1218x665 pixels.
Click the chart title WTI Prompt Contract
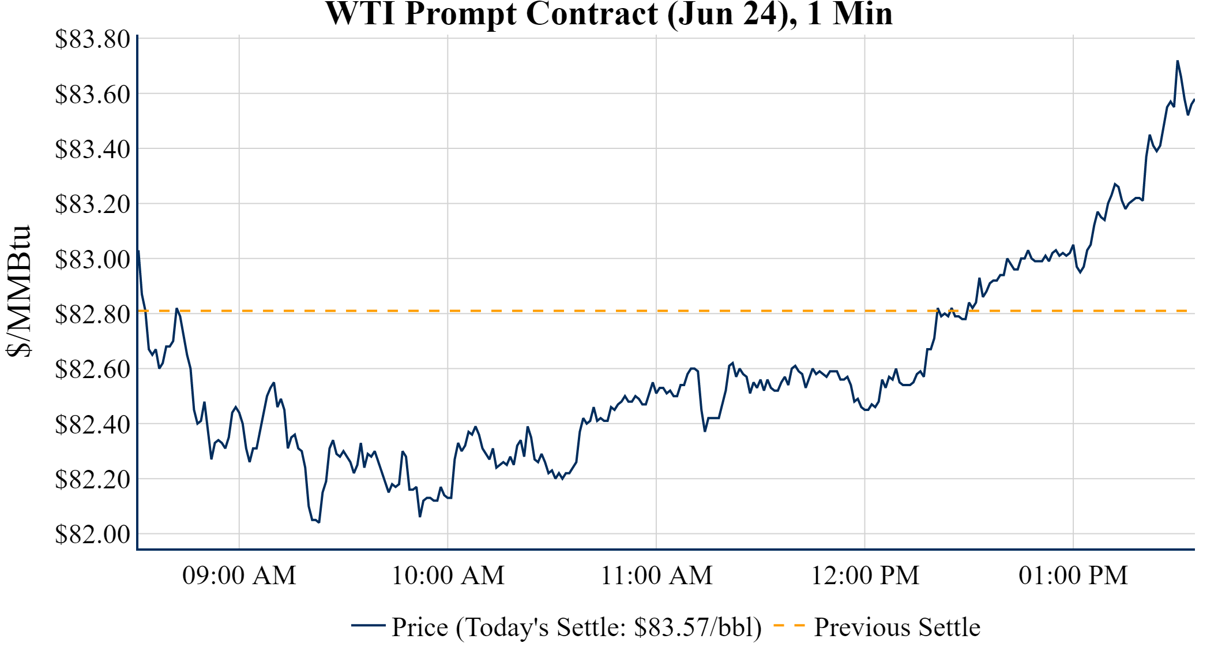(x=609, y=14)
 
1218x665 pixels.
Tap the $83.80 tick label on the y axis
(x=92, y=39)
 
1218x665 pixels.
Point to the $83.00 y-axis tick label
(x=92, y=259)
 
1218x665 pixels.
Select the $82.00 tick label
(x=92, y=534)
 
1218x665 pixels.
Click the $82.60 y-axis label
(x=92, y=369)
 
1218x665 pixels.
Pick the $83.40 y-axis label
(x=92, y=149)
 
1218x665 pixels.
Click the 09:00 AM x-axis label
(x=239, y=576)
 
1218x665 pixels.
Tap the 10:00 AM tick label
(x=448, y=576)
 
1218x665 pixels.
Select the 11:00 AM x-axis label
(x=657, y=576)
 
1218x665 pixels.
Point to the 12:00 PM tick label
(x=865, y=576)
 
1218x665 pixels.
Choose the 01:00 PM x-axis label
(x=1073, y=576)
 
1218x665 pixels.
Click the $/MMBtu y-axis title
(x=18, y=292)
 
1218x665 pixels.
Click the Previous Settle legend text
(x=897, y=627)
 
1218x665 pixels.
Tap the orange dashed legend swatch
(x=789, y=625)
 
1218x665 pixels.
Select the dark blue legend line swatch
(x=368, y=625)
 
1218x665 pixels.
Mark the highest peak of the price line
(x=1177, y=61)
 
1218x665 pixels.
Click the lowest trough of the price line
(x=319, y=522)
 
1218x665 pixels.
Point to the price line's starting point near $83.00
(x=138, y=251)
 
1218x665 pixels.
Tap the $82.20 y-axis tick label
(x=92, y=479)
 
